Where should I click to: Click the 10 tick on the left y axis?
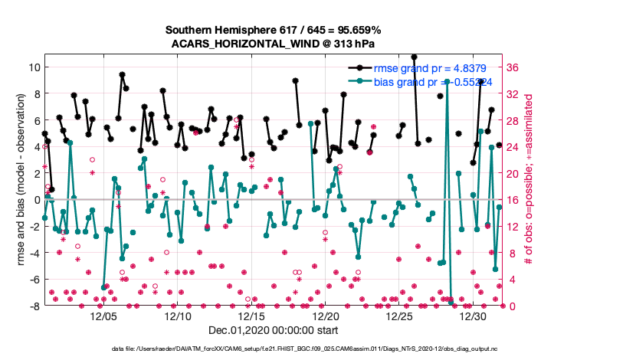coord(33,67)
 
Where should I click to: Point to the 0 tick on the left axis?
coord(36,200)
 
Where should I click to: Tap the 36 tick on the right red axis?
coord(513,67)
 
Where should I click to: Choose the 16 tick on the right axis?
coord(513,200)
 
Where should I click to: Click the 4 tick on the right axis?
coord(511,280)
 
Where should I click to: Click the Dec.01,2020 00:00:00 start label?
coord(274,331)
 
